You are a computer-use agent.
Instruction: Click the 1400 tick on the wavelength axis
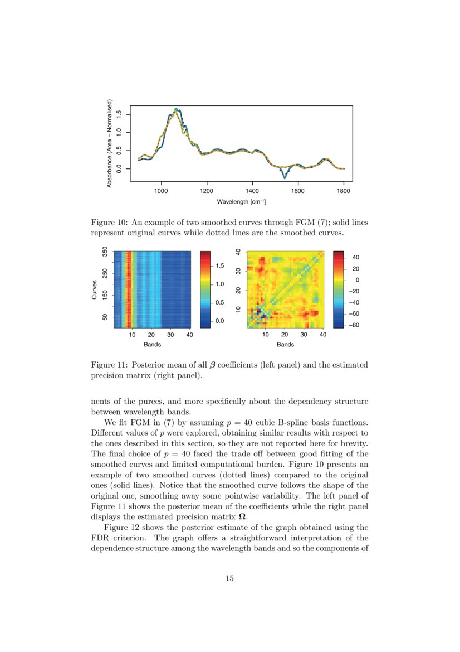click(x=252, y=190)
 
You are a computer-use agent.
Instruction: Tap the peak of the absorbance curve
click(x=176, y=109)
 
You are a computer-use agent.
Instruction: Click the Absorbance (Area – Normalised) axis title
click(x=110, y=143)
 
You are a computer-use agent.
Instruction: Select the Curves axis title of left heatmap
click(x=95, y=289)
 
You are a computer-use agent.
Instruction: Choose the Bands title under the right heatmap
click(x=285, y=345)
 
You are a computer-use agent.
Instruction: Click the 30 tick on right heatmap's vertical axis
click(x=238, y=271)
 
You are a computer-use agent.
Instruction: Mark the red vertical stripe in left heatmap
click(x=129, y=289)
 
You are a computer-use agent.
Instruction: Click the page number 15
click(x=229, y=578)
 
